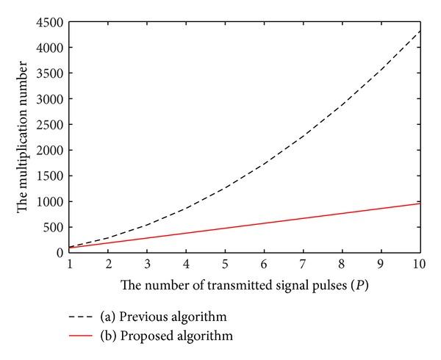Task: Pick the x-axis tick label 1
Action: pos(70,263)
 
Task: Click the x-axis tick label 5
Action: pos(225,263)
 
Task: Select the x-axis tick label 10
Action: pos(418,263)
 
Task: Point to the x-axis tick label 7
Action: pos(302,263)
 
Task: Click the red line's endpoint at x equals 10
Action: pos(418,204)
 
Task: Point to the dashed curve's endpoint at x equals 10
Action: pos(418,32)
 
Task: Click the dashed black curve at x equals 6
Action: pos(263,165)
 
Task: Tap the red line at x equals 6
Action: pos(263,223)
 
